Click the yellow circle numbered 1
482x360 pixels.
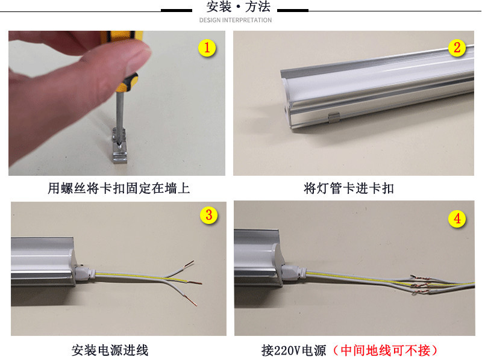click(207, 48)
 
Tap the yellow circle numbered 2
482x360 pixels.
click(457, 48)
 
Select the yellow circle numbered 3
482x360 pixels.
click(208, 216)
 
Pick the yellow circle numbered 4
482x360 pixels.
click(457, 219)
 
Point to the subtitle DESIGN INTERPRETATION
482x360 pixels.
click(236, 20)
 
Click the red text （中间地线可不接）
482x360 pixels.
click(388, 350)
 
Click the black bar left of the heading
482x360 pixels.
click(176, 10)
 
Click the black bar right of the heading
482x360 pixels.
click(292, 10)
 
